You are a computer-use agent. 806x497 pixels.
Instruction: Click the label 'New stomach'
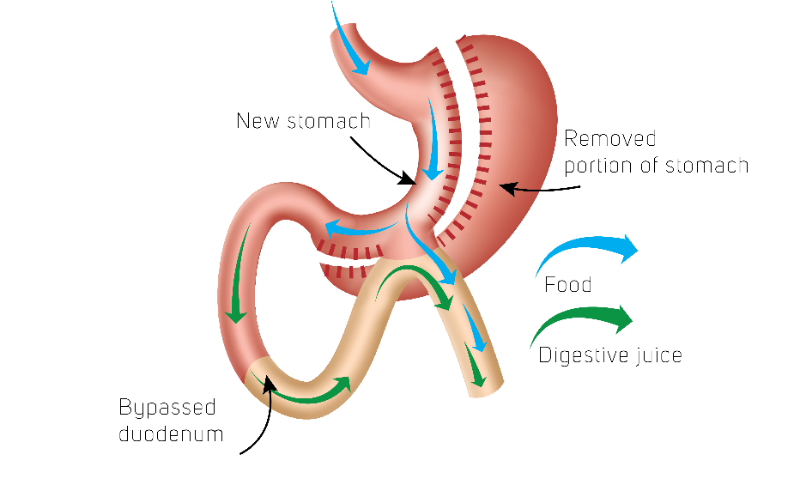point(303,121)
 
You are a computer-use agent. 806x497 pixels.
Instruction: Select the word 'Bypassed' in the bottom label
point(167,407)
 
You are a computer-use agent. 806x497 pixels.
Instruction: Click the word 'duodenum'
point(171,433)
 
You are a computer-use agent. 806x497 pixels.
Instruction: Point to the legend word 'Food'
point(567,285)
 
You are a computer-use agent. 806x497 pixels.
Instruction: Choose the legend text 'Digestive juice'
point(609,355)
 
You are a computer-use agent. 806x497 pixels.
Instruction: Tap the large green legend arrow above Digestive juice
point(585,323)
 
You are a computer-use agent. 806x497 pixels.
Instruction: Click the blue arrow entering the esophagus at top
point(352,39)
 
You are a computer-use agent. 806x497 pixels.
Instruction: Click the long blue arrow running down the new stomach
point(436,137)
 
